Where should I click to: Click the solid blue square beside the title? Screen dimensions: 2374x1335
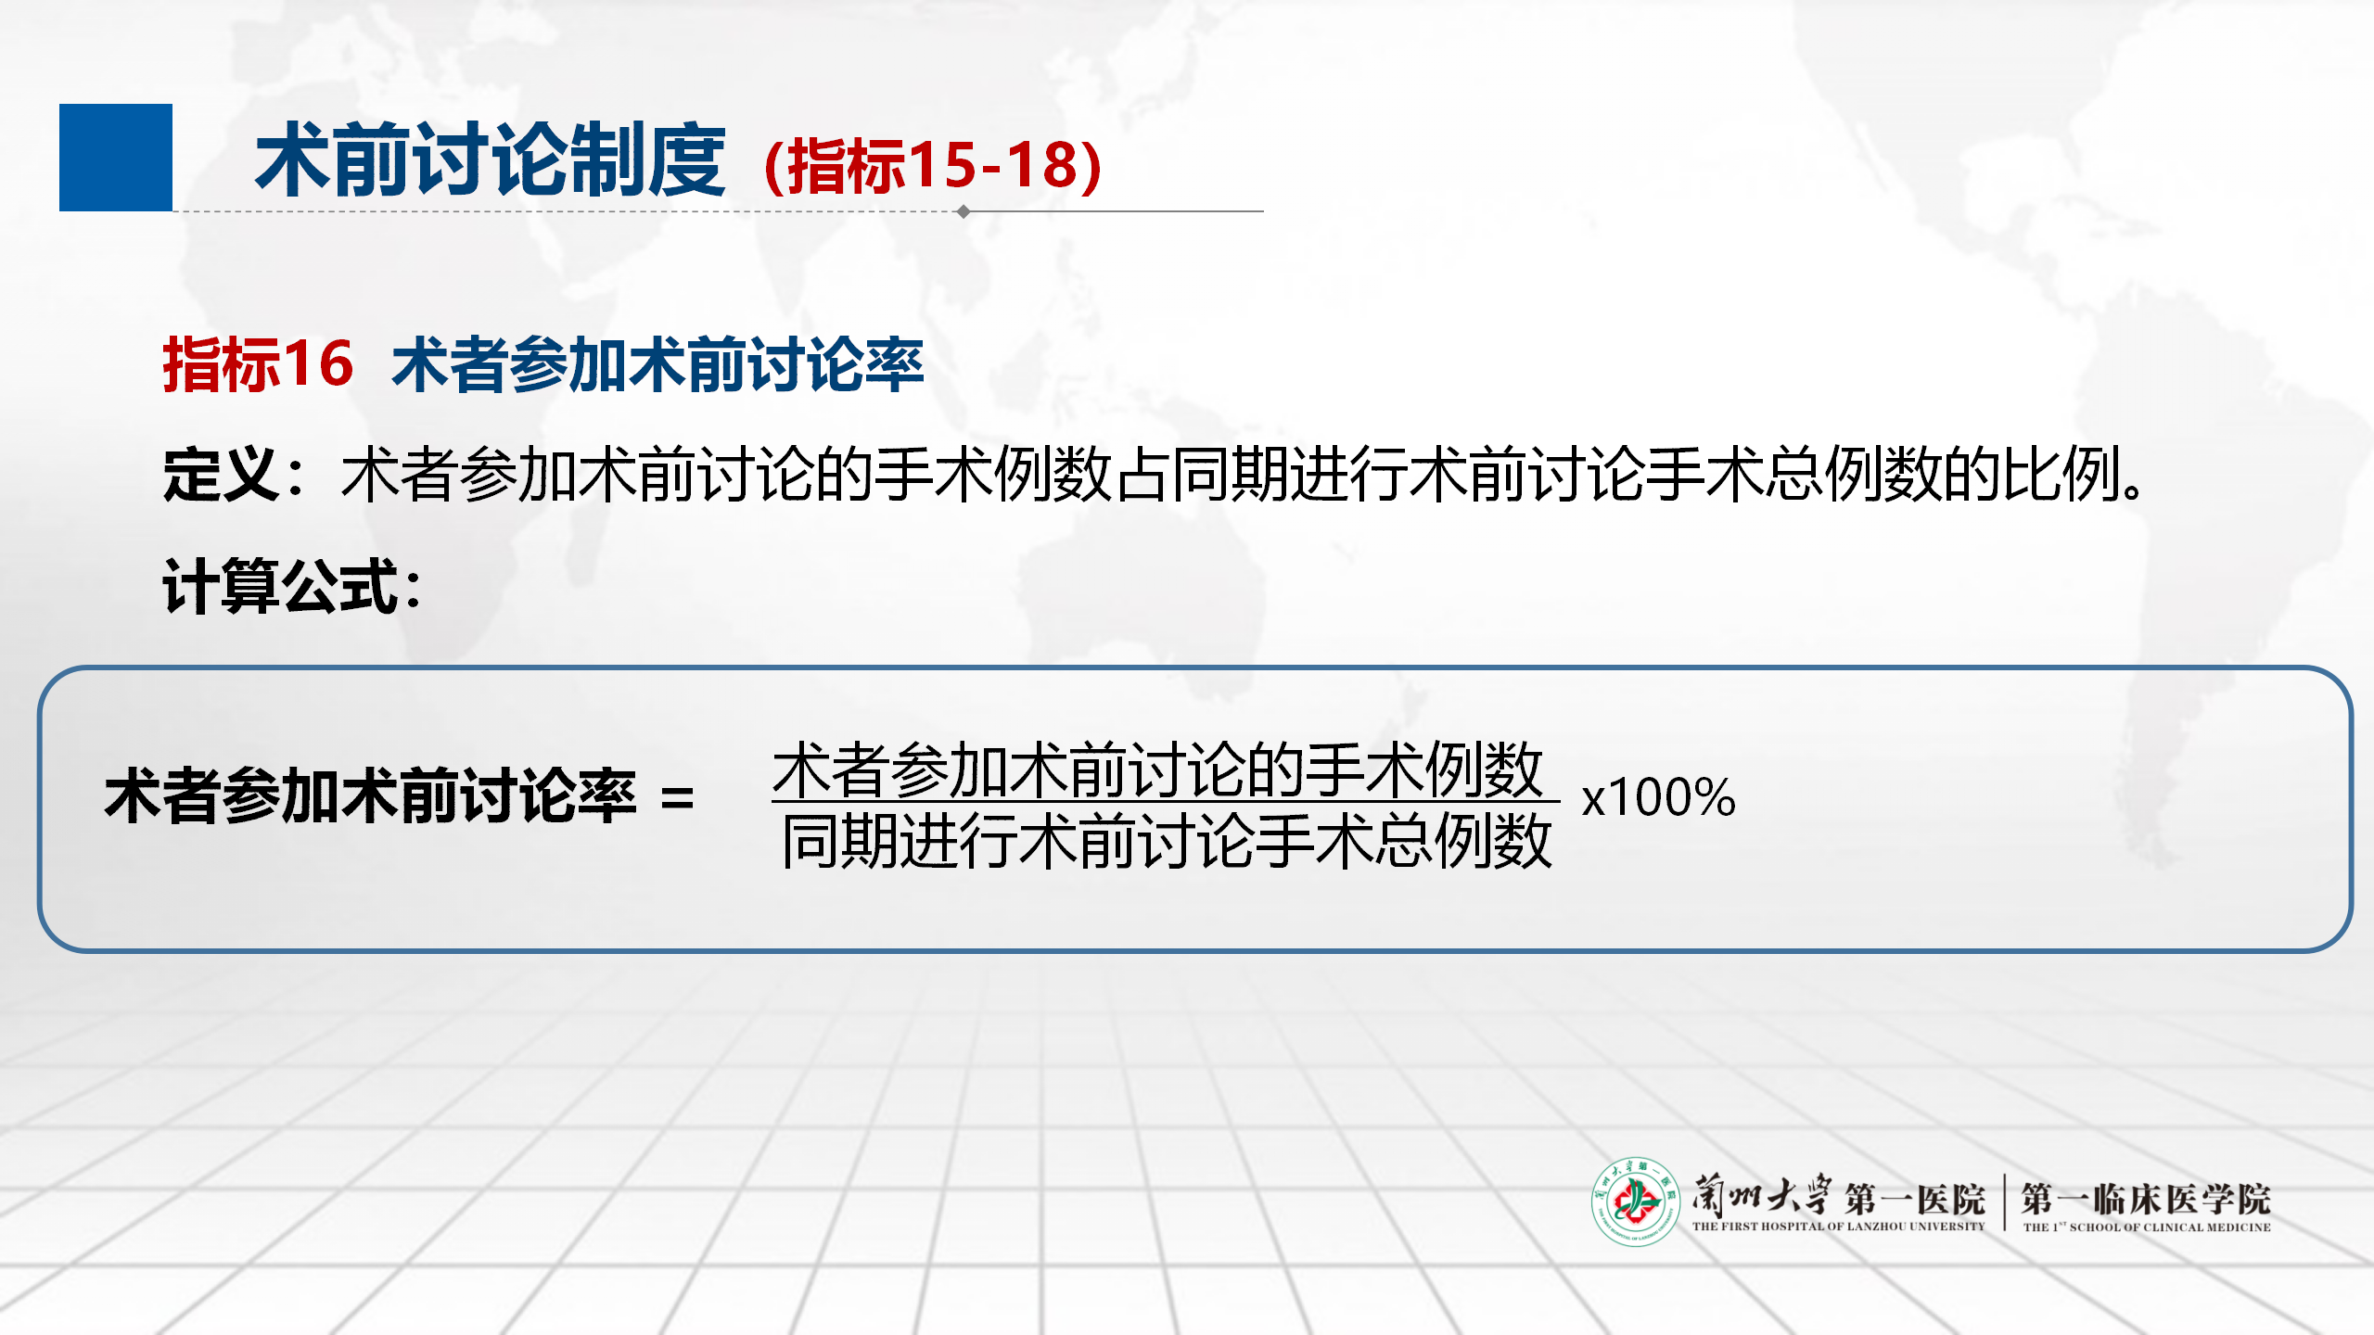tap(116, 158)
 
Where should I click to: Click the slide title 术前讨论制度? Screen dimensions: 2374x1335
tap(491, 161)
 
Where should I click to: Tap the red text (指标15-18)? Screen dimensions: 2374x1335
tap(933, 166)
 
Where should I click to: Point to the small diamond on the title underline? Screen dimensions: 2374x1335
tap(964, 211)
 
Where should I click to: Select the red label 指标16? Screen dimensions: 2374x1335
tap(258, 363)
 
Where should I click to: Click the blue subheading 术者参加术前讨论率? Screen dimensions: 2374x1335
tap(657, 364)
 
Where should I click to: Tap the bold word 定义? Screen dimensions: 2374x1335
tap(221, 475)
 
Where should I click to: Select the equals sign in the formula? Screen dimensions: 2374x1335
tap(678, 798)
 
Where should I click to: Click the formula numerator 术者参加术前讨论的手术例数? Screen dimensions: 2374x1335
tap(1158, 770)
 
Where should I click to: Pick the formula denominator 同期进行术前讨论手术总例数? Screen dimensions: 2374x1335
tap(1167, 841)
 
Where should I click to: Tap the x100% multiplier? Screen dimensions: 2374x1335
tap(1658, 797)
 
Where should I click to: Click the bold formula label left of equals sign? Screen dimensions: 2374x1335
tap(370, 796)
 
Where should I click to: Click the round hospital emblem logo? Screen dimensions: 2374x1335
tap(1636, 1201)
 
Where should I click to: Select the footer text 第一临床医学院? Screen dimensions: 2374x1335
tap(2146, 1199)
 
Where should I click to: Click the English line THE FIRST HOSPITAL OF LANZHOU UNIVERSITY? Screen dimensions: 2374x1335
tap(1838, 1227)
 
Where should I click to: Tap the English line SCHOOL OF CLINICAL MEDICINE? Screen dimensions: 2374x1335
tap(2170, 1227)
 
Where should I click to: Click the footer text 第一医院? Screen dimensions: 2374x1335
tap(1914, 1200)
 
